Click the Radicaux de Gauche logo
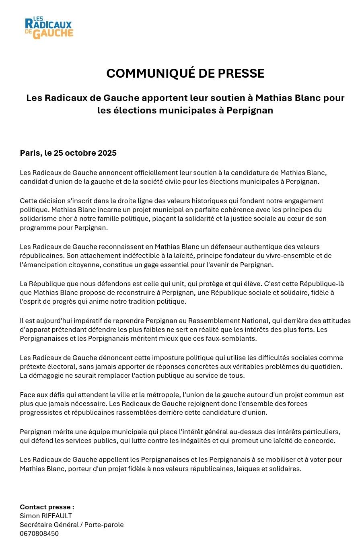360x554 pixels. click(x=49, y=28)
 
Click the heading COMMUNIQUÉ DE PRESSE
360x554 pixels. click(x=185, y=74)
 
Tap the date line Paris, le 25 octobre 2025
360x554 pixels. click(x=68, y=153)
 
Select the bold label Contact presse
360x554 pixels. click(x=47, y=507)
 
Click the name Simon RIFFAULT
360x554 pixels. click(x=46, y=516)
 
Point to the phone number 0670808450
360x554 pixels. click(x=39, y=533)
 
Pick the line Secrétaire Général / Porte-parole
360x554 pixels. click(x=72, y=525)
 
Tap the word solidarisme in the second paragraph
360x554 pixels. click(x=39, y=218)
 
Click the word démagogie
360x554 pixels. click(x=45, y=375)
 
